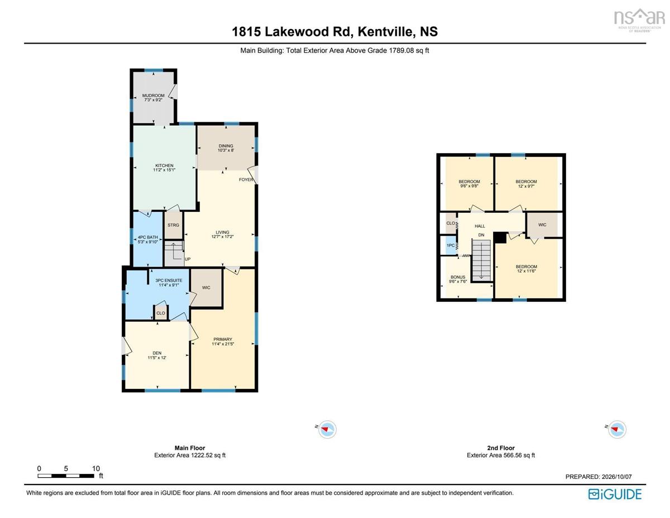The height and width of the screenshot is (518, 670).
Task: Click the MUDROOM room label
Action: [153, 96]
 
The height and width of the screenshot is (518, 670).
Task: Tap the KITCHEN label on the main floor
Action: [164, 165]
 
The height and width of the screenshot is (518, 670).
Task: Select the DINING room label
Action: [226, 146]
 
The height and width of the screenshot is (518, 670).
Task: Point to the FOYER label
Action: [246, 179]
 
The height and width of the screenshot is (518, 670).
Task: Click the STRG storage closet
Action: [173, 225]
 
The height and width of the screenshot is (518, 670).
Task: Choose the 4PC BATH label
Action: [148, 237]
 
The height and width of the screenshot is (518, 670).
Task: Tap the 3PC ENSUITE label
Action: [169, 281]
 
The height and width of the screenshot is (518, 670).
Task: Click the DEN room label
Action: [157, 353]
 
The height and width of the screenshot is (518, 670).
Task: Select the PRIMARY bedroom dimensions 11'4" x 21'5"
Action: [223, 344]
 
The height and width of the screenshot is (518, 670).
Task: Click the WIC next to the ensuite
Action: [206, 288]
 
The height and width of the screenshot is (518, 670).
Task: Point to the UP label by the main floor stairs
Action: [188, 259]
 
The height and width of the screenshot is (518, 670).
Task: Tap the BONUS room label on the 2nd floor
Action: [458, 277]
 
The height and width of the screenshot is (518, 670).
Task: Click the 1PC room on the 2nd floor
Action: [451, 245]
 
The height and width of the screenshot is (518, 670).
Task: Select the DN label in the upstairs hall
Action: [481, 235]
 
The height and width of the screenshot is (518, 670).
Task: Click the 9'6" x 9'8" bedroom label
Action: [469, 186]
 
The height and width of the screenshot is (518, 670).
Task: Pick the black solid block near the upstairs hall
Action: [500, 238]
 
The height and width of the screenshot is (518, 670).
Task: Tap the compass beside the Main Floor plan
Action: [327, 430]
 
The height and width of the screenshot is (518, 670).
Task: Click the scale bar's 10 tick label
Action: [96, 468]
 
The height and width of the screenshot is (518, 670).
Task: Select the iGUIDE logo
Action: [615, 494]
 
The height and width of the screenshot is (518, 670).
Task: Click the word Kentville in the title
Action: [385, 31]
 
